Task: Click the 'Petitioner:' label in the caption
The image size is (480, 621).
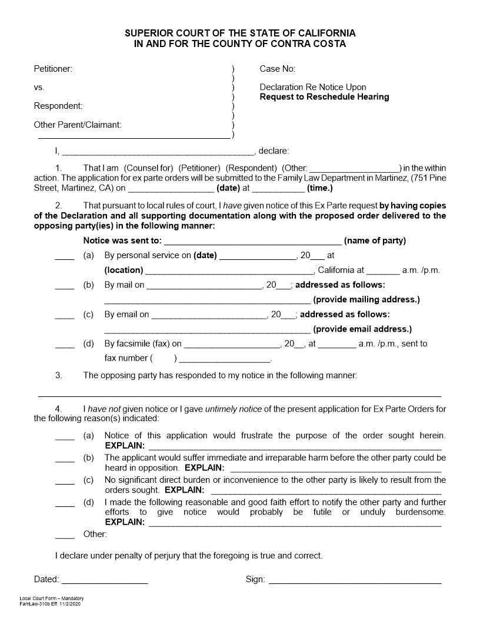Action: click(53, 69)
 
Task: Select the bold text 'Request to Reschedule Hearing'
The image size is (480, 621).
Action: click(324, 96)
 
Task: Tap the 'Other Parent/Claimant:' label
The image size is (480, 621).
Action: click(78, 125)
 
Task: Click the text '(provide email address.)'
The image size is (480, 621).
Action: click(362, 329)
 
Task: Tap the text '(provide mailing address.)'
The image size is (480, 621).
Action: click(366, 299)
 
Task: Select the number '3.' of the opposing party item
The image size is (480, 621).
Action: click(59, 375)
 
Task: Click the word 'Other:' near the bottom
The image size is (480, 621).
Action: click(95, 534)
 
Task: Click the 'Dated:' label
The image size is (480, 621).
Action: click(46, 579)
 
